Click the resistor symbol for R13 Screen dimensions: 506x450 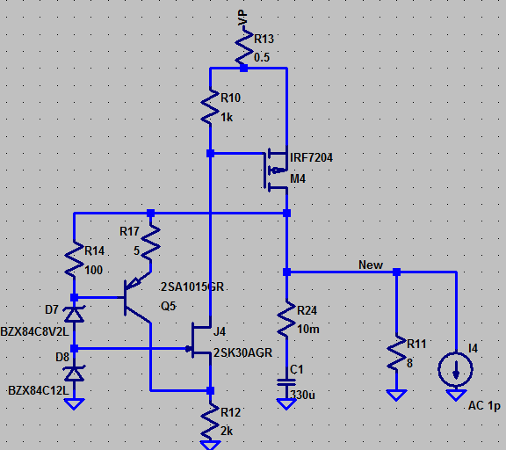pyautogui.click(x=243, y=47)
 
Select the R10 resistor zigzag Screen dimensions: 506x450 pyautogui.click(x=210, y=106)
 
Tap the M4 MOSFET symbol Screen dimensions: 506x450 pyautogui.click(x=275, y=171)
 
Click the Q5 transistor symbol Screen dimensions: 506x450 pyautogui.click(x=137, y=298)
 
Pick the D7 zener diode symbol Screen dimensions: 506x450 pyautogui.click(x=74, y=314)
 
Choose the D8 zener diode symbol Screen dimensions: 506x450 pyautogui.click(x=74, y=374)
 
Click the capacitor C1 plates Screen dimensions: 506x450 pyautogui.click(x=286, y=382)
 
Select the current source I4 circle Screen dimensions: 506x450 pyautogui.click(x=456, y=369)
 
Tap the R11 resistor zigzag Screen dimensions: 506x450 pyautogui.click(x=396, y=352)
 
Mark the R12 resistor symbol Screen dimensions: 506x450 pyautogui.click(x=210, y=420)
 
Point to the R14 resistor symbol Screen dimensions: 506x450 pyautogui.click(x=74, y=260)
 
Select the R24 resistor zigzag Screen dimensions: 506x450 pyautogui.click(x=286, y=319)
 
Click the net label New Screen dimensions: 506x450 pyautogui.click(x=371, y=265)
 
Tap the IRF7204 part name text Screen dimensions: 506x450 pyautogui.click(x=311, y=157)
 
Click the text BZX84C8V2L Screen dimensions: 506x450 pyautogui.click(x=34, y=331)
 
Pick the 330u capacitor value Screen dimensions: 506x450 pyautogui.click(x=302, y=395)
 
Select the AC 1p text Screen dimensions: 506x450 pyautogui.click(x=484, y=406)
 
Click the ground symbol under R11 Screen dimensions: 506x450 pyautogui.click(x=396, y=395)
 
